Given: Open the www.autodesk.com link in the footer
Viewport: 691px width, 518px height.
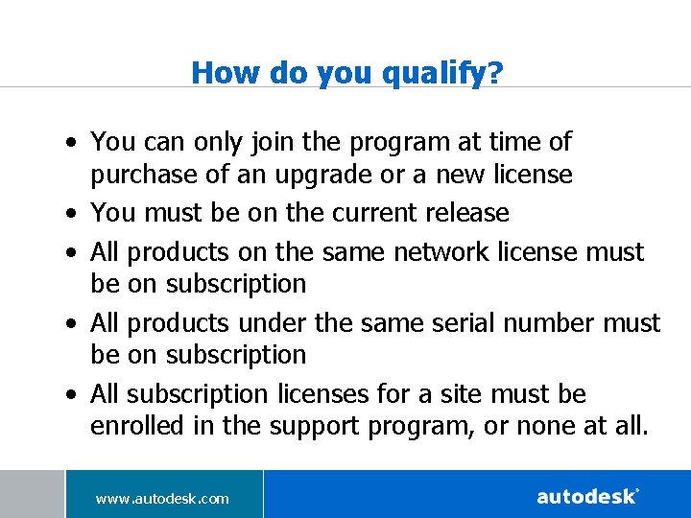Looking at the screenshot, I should point(162,498).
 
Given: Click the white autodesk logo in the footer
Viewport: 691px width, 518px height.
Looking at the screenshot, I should point(587,496).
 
